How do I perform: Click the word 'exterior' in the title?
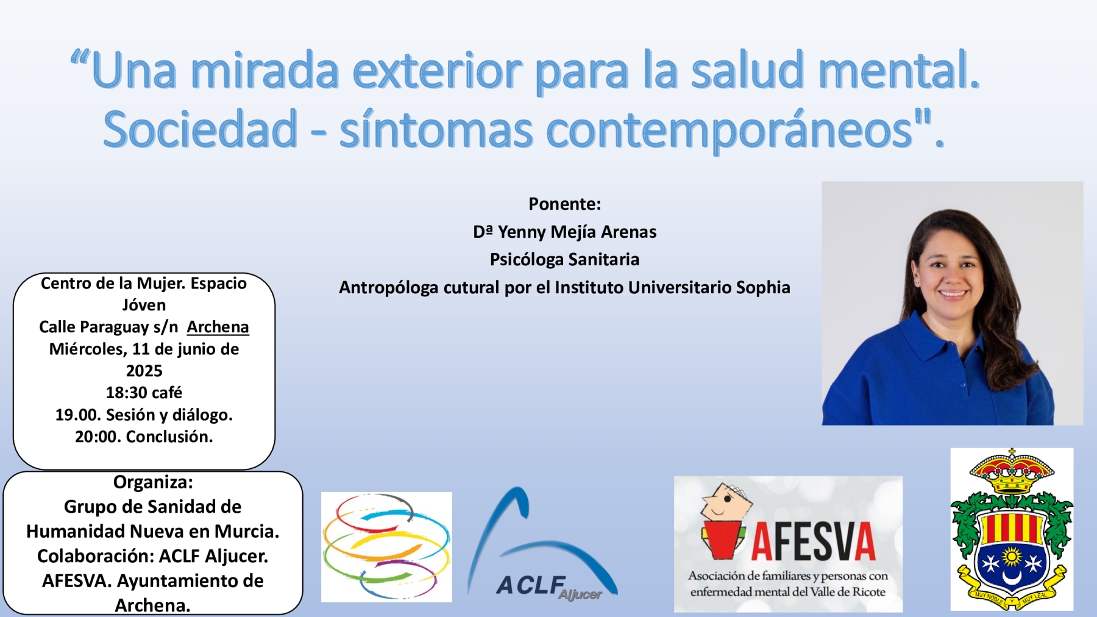[x=436, y=70]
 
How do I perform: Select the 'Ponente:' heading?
[x=564, y=204]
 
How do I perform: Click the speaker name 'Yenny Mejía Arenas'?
[x=577, y=232]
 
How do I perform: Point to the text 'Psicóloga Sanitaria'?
[x=564, y=259]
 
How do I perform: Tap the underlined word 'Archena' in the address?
[x=218, y=327]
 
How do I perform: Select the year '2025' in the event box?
[x=144, y=371]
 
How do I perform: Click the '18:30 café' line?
[x=144, y=393]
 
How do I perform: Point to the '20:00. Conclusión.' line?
[x=144, y=437]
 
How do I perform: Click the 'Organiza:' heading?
[x=153, y=482]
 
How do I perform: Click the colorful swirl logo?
[x=386, y=547]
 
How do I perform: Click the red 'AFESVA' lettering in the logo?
[x=813, y=541]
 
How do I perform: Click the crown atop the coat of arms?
[x=1012, y=473]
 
